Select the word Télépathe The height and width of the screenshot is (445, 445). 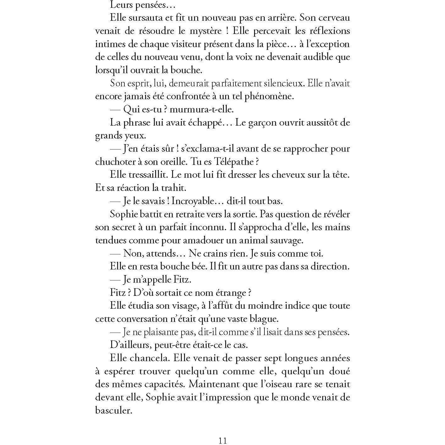(232, 162)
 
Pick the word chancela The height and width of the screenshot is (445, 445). (151, 358)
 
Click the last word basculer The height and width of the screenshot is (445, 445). (113, 411)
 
